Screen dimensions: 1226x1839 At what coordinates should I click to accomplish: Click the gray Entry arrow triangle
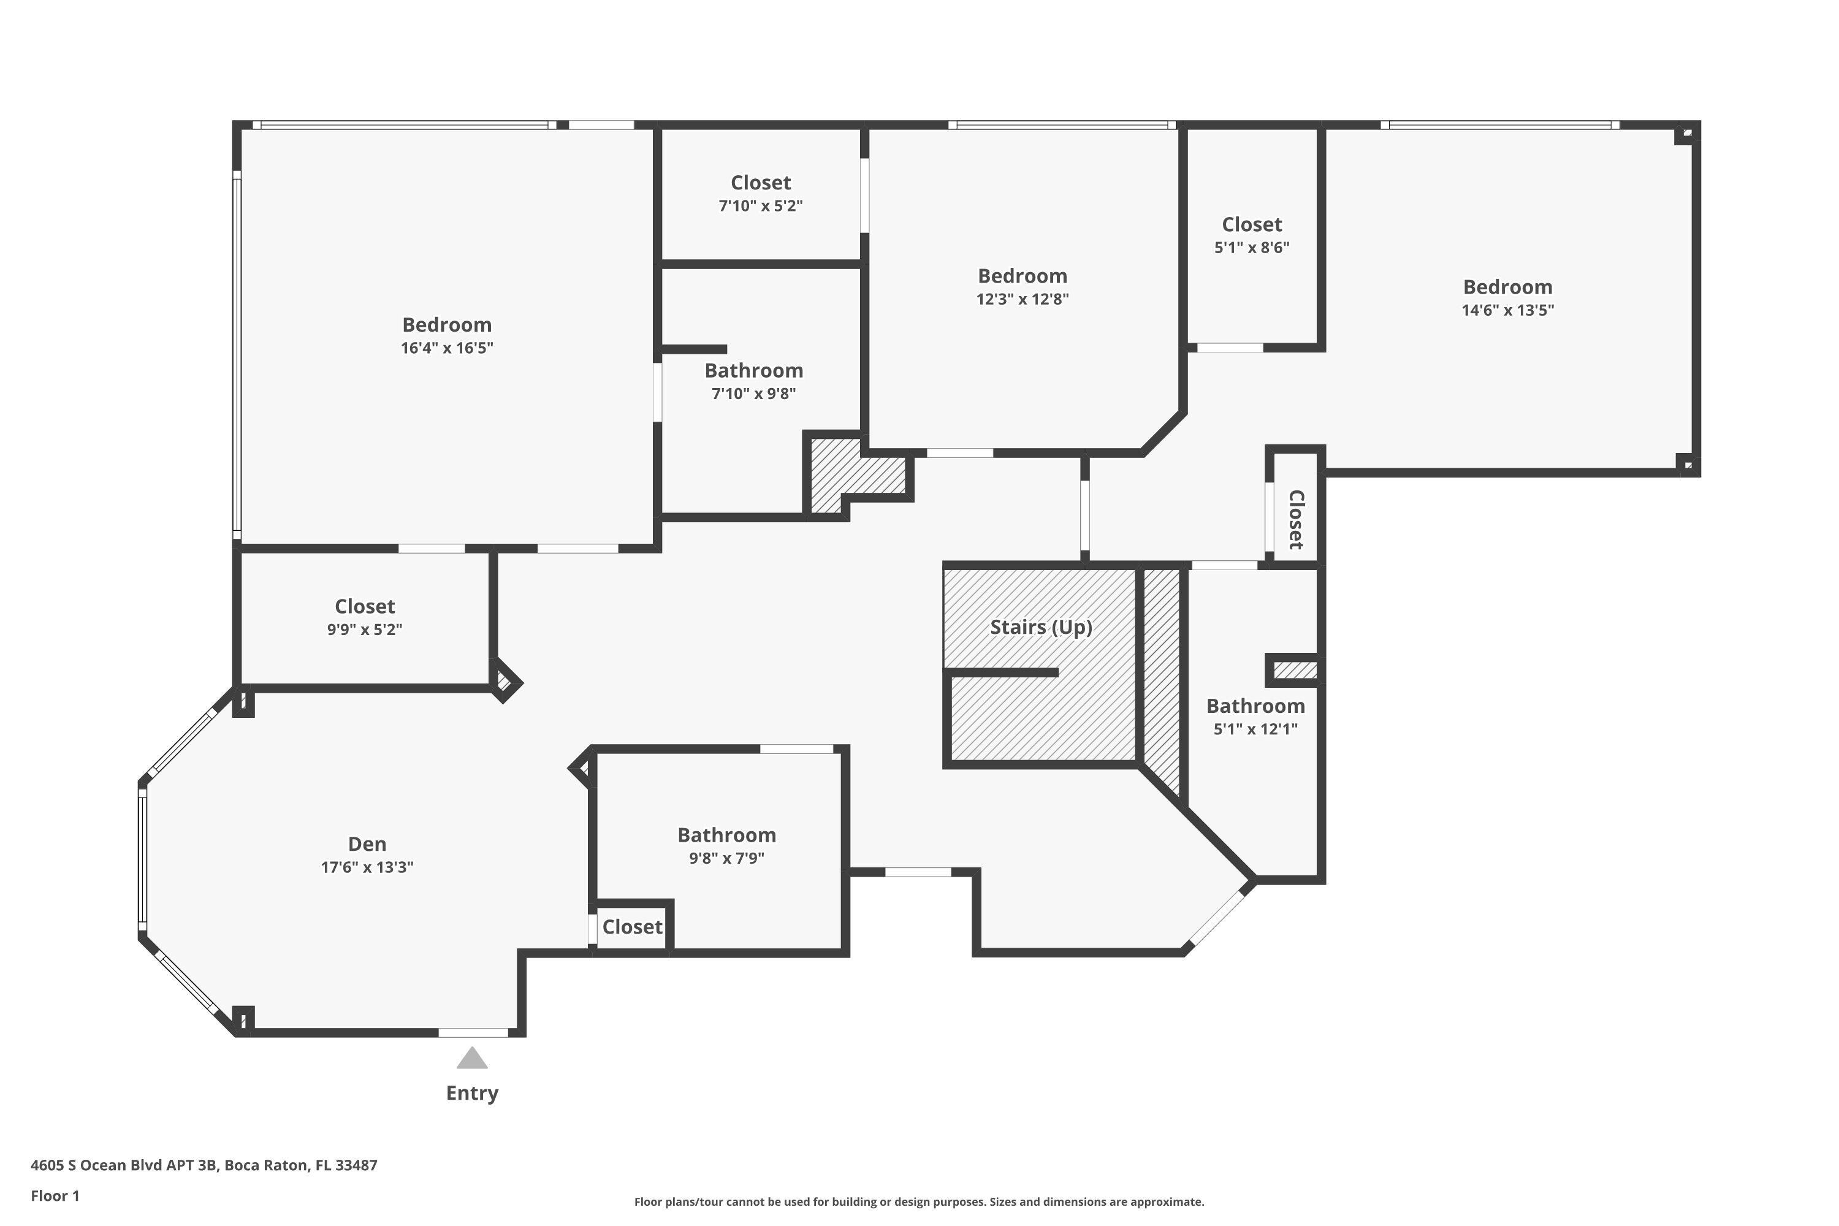coord(472,1059)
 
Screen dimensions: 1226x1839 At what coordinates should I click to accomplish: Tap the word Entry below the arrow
coord(472,1093)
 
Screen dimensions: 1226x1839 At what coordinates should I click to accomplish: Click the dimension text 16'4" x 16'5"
coord(447,348)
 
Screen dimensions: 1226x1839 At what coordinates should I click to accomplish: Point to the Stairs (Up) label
coord(1041,627)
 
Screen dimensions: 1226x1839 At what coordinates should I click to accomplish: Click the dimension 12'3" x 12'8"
coord(1022,299)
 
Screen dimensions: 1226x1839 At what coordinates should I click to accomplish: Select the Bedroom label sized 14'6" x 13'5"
coord(1507,287)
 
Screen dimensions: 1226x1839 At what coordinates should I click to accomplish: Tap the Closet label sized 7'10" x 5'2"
coord(761,183)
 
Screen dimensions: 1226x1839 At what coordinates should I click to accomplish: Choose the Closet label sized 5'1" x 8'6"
coord(1252,224)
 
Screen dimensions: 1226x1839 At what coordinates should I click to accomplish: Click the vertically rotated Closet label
coord(1296,520)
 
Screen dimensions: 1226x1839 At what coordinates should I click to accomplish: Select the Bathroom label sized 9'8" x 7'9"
coord(726,835)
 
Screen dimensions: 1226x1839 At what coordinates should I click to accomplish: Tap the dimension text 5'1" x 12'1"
coord(1255,729)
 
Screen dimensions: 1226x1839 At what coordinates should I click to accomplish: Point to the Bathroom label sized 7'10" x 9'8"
coord(754,371)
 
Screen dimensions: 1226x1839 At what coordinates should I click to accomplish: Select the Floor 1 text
coord(55,1195)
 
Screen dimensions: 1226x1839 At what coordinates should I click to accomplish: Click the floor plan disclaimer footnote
coord(919,1201)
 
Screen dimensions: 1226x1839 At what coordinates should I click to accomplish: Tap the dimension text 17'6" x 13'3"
coord(367,867)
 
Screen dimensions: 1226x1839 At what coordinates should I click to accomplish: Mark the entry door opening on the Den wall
coord(473,1033)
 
